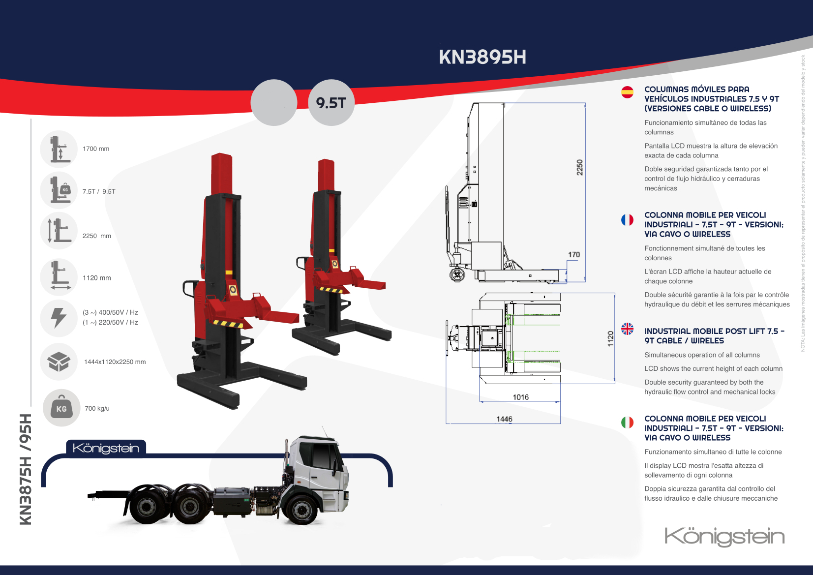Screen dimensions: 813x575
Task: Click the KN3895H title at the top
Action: point(482,57)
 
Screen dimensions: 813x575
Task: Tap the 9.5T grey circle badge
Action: point(331,103)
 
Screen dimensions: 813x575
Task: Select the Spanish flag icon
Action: point(627,92)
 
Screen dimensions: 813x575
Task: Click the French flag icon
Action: point(627,219)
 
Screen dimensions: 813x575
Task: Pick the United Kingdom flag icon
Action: point(627,329)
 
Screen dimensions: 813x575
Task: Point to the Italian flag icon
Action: point(627,422)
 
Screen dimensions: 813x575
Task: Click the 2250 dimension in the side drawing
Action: point(580,167)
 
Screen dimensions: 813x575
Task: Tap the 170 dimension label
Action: point(574,255)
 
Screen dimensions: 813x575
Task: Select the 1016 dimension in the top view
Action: point(520,397)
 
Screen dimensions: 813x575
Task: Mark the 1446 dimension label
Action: point(504,419)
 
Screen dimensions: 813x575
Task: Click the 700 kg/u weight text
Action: point(97,408)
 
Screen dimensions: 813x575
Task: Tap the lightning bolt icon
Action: point(59,318)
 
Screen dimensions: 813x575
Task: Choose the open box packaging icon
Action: point(59,362)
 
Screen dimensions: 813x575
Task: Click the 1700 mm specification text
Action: point(96,149)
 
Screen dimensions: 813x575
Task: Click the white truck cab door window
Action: point(321,456)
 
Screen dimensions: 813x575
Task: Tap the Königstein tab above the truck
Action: point(106,448)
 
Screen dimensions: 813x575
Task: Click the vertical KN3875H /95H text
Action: point(26,469)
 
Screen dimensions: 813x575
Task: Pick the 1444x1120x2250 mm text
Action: point(115,362)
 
